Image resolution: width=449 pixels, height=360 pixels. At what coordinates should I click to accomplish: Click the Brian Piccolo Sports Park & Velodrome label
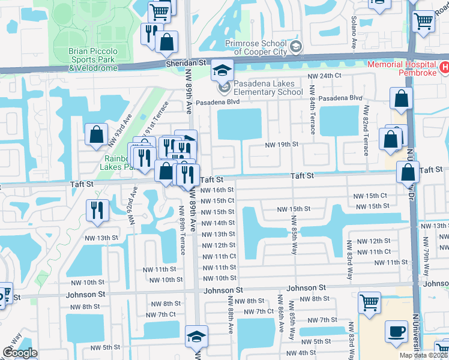click(x=93, y=59)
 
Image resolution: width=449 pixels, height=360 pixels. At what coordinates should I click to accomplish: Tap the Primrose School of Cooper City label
click(x=258, y=47)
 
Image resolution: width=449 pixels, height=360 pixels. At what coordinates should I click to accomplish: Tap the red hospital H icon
click(x=444, y=67)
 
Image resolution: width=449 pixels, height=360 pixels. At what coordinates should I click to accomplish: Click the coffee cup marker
click(x=396, y=332)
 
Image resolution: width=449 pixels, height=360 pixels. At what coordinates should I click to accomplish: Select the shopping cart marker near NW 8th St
click(x=369, y=302)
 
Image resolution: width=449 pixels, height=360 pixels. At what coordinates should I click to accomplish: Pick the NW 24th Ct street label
click(x=324, y=76)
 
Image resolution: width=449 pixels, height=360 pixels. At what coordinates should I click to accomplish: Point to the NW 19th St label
click(x=282, y=145)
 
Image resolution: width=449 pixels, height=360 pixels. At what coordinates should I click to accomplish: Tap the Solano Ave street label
click(x=354, y=36)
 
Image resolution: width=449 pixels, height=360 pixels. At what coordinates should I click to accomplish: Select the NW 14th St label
click(x=218, y=223)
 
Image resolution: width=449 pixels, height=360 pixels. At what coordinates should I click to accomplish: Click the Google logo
click(x=20, y=353)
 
